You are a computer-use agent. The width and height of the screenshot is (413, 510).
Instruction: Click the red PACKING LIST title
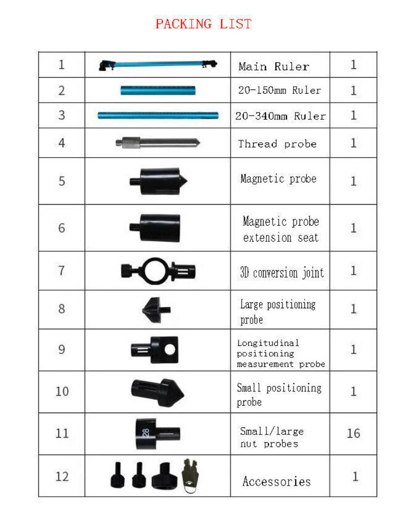[x=203, y=24]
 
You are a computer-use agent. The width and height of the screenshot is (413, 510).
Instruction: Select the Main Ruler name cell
[x=274, y=66]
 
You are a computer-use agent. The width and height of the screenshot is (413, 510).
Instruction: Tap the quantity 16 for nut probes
[x=353, y=433]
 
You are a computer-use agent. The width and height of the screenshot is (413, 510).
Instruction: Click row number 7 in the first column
[x=62, y=270]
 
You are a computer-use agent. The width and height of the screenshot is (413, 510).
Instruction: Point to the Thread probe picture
[x=157, y=143]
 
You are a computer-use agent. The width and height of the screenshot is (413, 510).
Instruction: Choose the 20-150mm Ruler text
[x=279, y=91]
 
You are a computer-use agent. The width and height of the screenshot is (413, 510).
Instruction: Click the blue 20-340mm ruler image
[x=158, y=116]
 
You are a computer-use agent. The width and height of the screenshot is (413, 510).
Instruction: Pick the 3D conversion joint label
[x=281, y=272]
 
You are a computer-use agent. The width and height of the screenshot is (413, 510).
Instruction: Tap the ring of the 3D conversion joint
[x=153, y=270]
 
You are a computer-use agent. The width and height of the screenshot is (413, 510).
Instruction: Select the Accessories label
[x=276, y=481]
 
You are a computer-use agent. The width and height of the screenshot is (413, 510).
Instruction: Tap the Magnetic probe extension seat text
[x=281, y=229]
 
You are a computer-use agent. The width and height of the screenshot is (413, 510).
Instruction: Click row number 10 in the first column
[x=62, y=392]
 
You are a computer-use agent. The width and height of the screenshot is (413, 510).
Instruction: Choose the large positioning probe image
[x=155, y=309]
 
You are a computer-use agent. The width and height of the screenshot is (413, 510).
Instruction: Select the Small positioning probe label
[x=279, y=394]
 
